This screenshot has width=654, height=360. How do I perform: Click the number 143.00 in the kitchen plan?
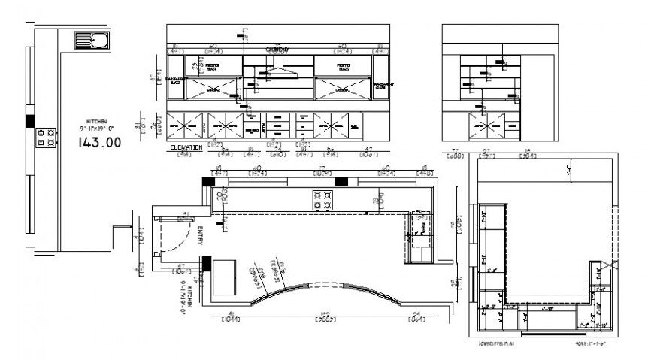click(x=100, y=143)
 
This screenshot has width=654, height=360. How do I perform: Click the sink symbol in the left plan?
click(x=91, y=40)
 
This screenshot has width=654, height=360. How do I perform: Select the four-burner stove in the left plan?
click(x=45, y=137)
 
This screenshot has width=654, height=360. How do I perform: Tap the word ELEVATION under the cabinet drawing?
click(x=186, y=147)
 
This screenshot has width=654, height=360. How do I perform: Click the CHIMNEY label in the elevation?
click(x=278, y=50)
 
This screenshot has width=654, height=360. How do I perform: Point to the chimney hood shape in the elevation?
click(x=277, y=74)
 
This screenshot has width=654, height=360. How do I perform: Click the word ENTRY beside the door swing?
click(x=201, y=236)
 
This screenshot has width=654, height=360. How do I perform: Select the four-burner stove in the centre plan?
click(x=323, y=200)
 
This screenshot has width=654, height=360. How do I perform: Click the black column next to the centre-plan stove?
click(x=341, y=181)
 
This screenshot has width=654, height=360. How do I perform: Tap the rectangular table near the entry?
click(x=224, y=277)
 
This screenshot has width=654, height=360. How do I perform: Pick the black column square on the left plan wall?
click(x=30, y=120)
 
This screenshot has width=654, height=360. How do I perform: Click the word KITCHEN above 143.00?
click(x=97, y=121)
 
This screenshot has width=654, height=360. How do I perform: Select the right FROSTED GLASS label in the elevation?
click(x=344, y=66)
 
